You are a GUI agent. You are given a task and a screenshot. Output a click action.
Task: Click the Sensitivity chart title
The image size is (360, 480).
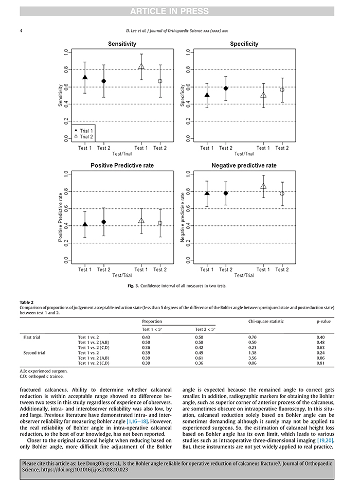[122, 44]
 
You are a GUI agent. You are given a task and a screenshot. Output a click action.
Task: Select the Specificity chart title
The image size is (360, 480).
[244, 44]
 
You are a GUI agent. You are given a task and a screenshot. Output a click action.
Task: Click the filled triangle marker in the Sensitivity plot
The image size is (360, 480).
[85, 78]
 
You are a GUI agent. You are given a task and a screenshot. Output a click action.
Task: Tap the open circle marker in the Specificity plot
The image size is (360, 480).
[282, 90]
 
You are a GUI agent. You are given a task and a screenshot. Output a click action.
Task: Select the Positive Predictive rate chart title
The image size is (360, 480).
[122, 166]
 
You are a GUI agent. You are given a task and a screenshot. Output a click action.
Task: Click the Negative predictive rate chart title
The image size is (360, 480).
[244, 166]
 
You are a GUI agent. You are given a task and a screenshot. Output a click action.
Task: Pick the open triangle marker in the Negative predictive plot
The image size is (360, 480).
[263, 186]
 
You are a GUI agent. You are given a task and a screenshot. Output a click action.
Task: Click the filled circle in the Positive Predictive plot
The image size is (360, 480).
[103, 222]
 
